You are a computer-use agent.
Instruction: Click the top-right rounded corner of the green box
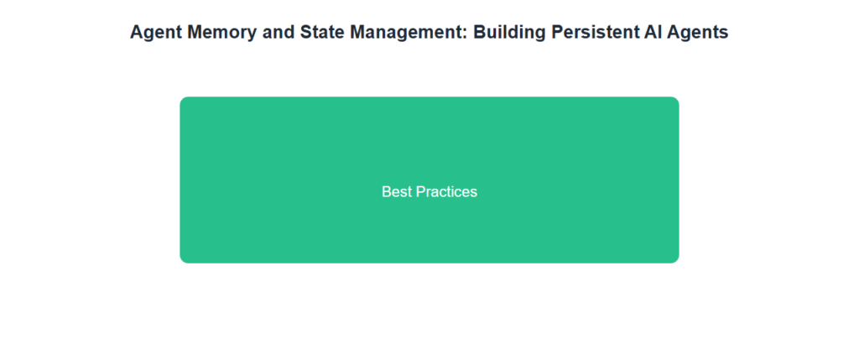point(676,100)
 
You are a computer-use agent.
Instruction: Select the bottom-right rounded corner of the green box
point(676,260)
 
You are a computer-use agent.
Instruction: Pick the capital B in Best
point(387,192)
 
